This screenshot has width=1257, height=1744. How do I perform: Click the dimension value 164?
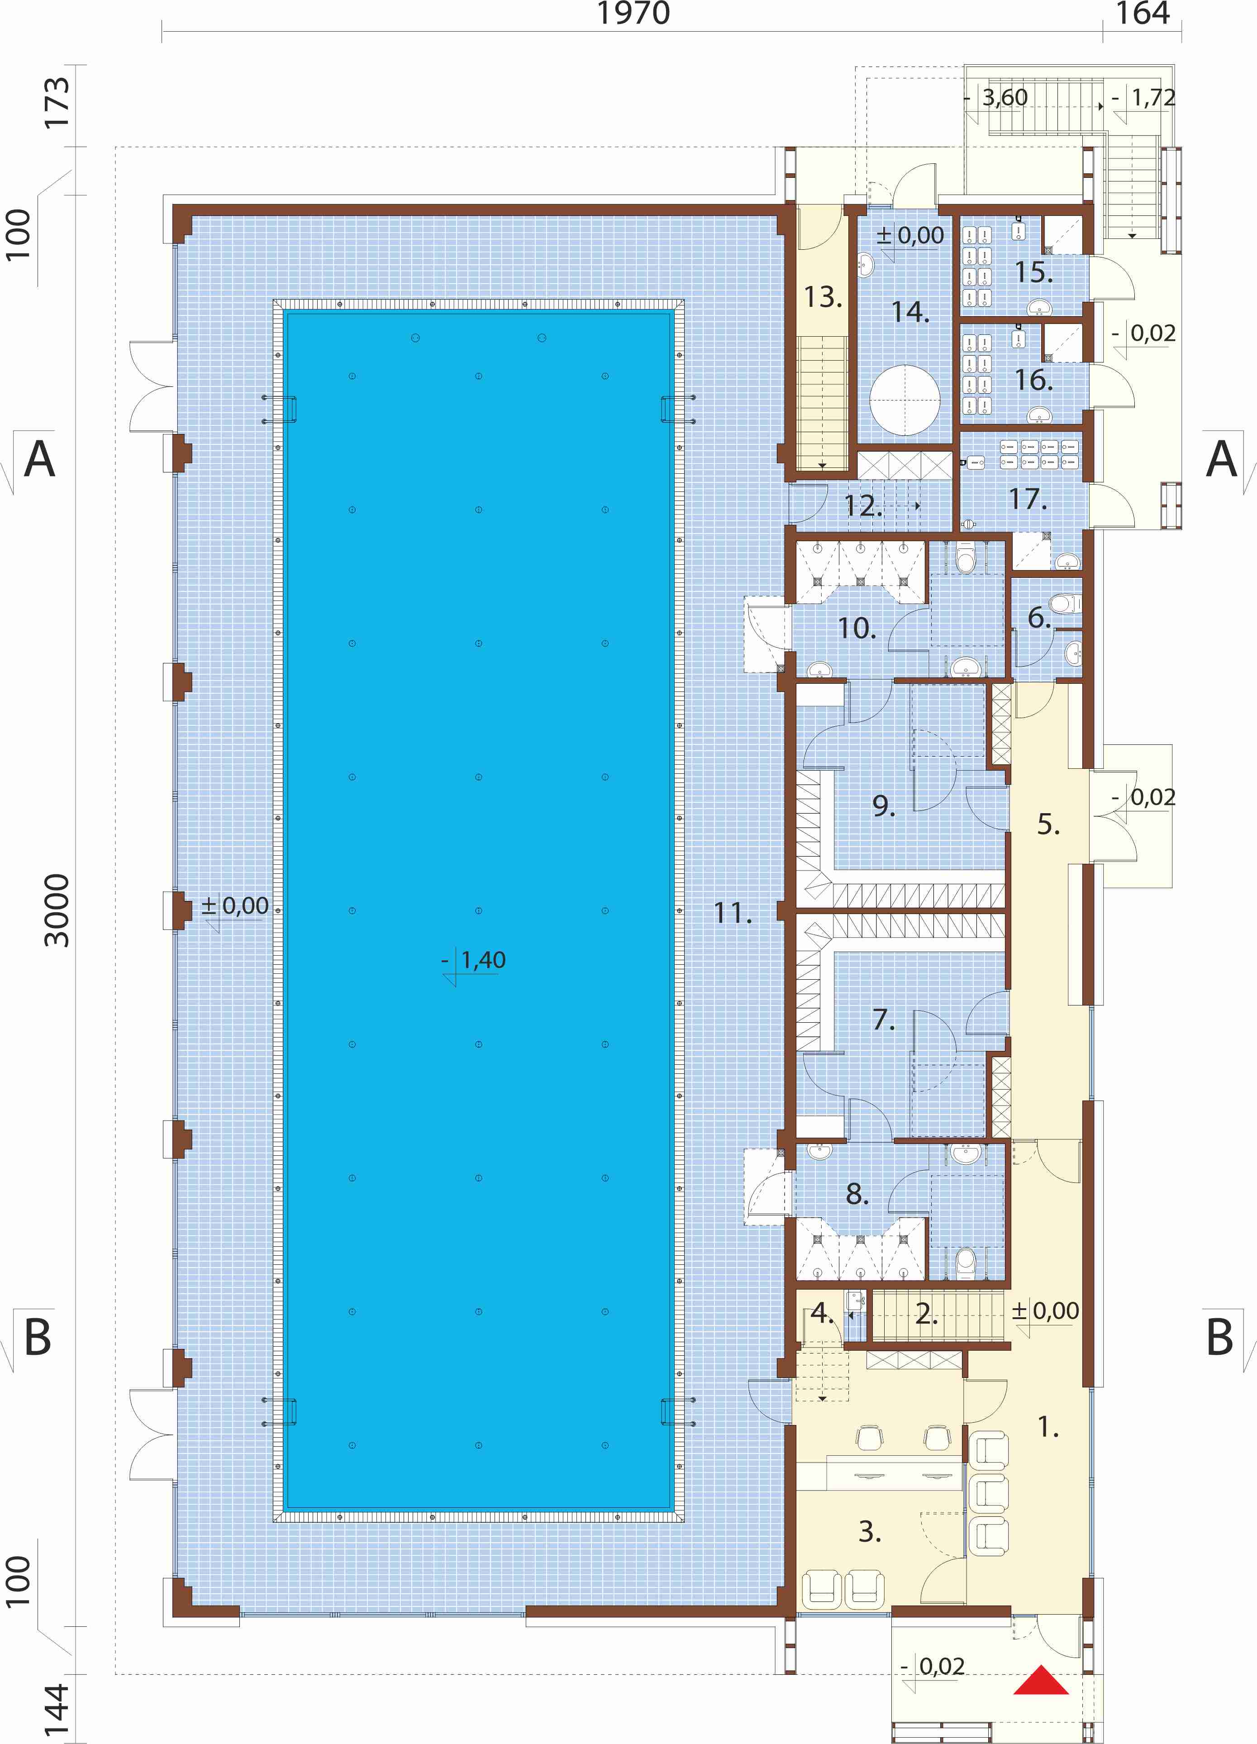coord(1143,14)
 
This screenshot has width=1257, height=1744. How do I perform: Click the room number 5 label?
coord(1048,824)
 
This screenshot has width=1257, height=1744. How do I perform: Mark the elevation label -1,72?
coord(1144,98)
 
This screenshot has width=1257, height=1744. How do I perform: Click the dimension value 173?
coord(57,102)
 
